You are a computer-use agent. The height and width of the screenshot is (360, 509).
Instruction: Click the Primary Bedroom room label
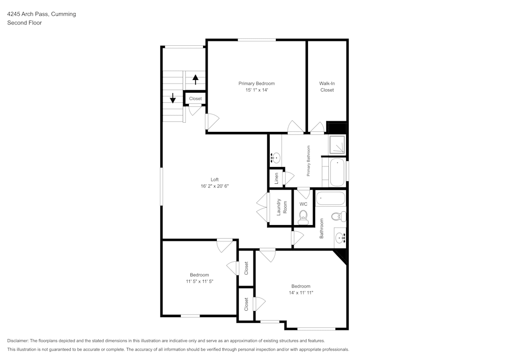[257, 84]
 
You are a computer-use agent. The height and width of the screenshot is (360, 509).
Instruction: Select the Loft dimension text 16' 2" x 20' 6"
[214, 186]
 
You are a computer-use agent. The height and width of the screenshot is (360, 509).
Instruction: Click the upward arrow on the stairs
[195, 79]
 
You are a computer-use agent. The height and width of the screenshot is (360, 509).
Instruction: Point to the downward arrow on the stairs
[173, 98]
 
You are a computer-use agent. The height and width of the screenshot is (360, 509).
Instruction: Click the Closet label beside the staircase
[195, 99]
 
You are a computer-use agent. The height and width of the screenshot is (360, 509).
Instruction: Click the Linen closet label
[276, 178]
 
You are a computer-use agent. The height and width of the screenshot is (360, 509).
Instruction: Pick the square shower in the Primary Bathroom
[337, 145]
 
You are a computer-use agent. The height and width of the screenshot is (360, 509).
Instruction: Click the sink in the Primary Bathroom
[275, 158]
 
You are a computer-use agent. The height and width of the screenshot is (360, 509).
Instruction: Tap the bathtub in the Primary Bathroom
[337, 173]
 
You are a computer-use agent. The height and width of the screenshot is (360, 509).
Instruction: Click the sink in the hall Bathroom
[341, 237]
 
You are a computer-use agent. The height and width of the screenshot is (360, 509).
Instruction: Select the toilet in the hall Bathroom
[338, 217]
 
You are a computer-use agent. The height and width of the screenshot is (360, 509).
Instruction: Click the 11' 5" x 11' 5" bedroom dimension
[200, 281]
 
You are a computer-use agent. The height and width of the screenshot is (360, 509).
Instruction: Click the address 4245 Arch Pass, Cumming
[42, 14]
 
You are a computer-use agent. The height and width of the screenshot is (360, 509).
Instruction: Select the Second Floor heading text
[24, 23]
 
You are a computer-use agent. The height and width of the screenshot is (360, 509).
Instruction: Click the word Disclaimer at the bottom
[18, 341]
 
